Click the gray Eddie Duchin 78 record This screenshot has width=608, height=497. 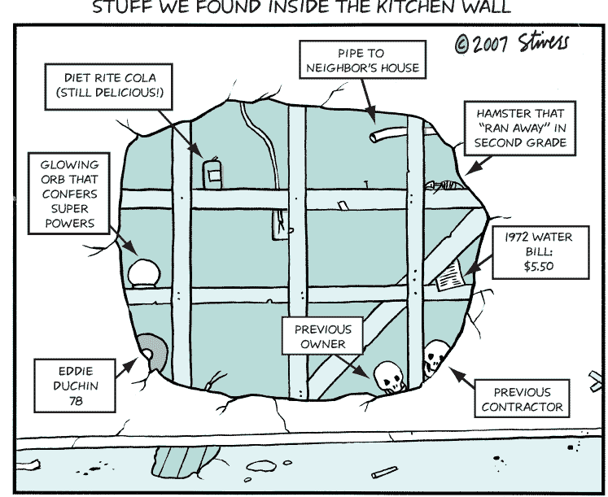(x=151, y=351)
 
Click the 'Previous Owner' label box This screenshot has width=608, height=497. (x=323, y=337)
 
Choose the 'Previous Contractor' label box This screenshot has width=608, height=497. (x=522, y=399)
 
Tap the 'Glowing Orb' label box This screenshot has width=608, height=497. (x=69, y=194)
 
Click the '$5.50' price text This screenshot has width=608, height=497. (x=538, y=264)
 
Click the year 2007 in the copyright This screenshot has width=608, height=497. (x=493, y=43)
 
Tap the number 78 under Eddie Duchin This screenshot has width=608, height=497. (x=70, y=401)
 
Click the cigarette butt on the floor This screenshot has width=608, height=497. (x=383, y=473)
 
